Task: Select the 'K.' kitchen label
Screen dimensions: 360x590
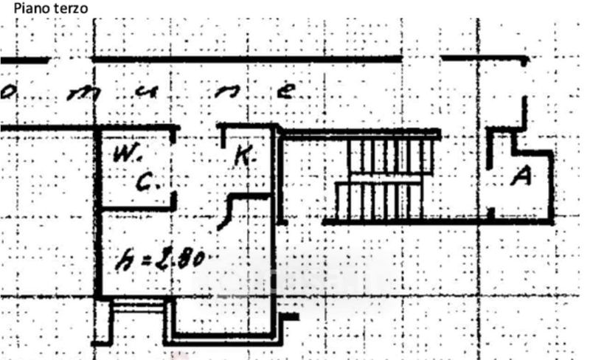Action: [x=244, y=156]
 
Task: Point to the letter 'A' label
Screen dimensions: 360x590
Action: [x=522, y=176]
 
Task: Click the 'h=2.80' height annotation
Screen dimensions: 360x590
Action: [x=163, y=260]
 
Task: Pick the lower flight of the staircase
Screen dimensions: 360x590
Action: [x=378, y=201]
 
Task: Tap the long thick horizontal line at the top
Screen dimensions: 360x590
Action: [x=246, y=58]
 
